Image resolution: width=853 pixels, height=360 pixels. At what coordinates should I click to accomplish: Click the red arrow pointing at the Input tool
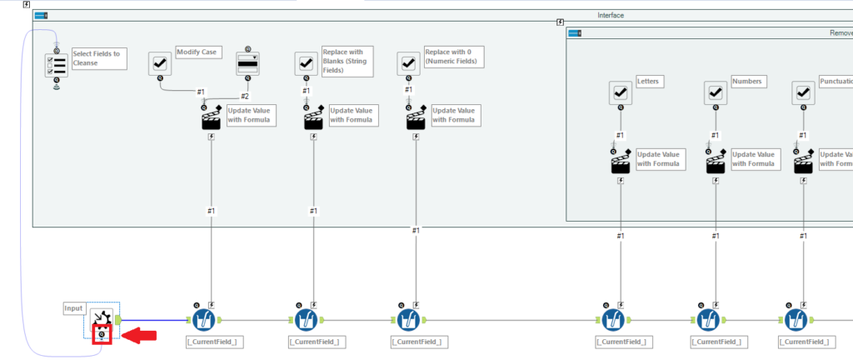tap(139, 335)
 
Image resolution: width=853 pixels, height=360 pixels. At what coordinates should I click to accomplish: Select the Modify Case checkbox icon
tap(160, 63)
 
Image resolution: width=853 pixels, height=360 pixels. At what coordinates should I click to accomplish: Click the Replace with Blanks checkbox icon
tap(306, 63)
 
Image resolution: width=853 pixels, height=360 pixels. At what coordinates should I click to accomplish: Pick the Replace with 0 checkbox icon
tap(408, 63)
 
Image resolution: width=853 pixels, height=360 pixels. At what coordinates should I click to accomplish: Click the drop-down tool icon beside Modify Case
tap(248, 63)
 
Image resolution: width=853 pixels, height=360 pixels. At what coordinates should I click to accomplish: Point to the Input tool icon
tap(102, 319)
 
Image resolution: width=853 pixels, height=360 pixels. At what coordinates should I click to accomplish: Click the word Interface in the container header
tap(610, 15)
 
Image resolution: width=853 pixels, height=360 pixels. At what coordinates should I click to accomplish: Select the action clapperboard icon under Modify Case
tap(212, 119)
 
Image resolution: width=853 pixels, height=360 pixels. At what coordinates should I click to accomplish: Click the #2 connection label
tap(245, 97)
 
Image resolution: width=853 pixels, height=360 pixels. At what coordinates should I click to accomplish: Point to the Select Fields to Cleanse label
tap(96, 58)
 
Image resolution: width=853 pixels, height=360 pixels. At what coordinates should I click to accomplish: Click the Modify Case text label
tap(197, 52)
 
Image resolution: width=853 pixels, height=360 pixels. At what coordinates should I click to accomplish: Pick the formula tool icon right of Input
tap(205, 320)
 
